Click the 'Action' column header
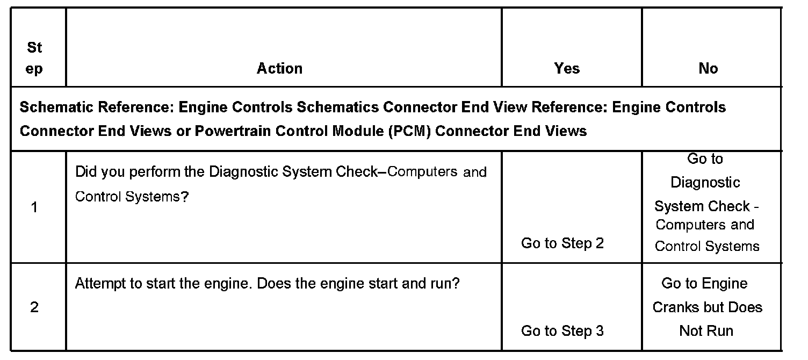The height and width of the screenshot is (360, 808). pos(279,68)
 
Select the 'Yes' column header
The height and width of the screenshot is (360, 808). pos(567,68)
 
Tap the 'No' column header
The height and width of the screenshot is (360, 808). pos(708,68)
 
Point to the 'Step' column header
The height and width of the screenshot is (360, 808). pos(34,58)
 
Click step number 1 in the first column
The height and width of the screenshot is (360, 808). pos(34,207)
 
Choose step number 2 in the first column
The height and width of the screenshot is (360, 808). pos(34,307)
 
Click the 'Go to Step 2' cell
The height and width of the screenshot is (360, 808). pos(562,243)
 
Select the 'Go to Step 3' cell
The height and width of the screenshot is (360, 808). pos(562,331)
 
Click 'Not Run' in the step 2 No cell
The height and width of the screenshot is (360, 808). pos(706,331)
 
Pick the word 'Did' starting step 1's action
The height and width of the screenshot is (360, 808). pos(85,172)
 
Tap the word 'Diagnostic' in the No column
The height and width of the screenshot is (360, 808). pos(705,183)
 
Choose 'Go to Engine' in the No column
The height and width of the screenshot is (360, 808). pos(704,283)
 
